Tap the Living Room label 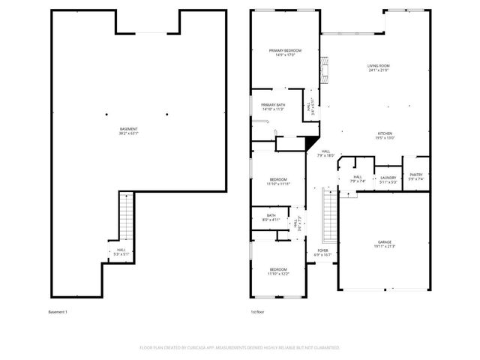pos(378,68)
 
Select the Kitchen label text pos(385,135)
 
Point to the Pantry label pos(415,176)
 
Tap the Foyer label pos(322,253)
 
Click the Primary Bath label pos(273,106)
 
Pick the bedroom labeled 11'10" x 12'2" pos(278,271)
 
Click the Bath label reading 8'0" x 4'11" pos(271,218)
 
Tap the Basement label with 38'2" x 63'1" pos(128,131)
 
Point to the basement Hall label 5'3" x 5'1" pos(120,253)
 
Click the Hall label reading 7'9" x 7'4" pos(358,179)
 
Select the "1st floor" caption pos(258,311)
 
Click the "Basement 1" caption pos(58,311)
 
